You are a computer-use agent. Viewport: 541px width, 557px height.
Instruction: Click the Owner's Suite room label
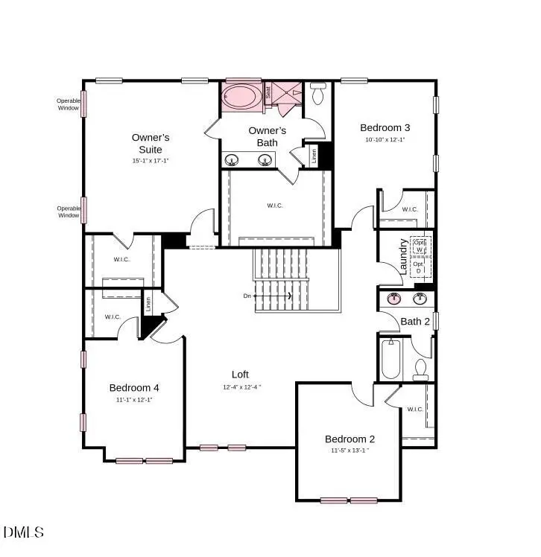(151, 143)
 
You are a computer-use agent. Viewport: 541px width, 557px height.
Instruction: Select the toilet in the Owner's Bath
(318, 93)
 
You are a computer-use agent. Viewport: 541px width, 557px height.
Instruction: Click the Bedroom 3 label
(385, 127)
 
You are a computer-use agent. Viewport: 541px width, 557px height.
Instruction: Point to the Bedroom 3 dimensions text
(385, 140)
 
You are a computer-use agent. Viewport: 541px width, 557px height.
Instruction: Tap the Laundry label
(403, 256)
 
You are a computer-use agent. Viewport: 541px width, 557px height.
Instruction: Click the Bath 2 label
(416, 321)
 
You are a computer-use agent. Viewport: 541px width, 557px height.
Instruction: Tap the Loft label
(240, 375)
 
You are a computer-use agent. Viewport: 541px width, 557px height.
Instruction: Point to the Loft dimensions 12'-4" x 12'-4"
(241, 387)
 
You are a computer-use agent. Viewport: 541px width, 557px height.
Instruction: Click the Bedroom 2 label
(349, 439)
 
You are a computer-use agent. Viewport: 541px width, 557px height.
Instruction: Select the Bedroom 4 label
(134, 387)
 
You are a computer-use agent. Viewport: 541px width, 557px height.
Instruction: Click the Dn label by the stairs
(247, 296)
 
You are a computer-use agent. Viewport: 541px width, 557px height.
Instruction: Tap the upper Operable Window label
(69, 104)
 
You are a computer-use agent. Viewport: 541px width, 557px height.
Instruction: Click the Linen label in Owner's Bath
(314, 156)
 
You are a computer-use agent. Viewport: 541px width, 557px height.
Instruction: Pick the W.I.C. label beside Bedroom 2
(414, 409)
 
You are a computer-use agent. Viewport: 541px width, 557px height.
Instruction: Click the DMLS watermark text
(24, 532)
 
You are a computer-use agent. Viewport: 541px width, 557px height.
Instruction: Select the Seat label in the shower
(268, 92)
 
